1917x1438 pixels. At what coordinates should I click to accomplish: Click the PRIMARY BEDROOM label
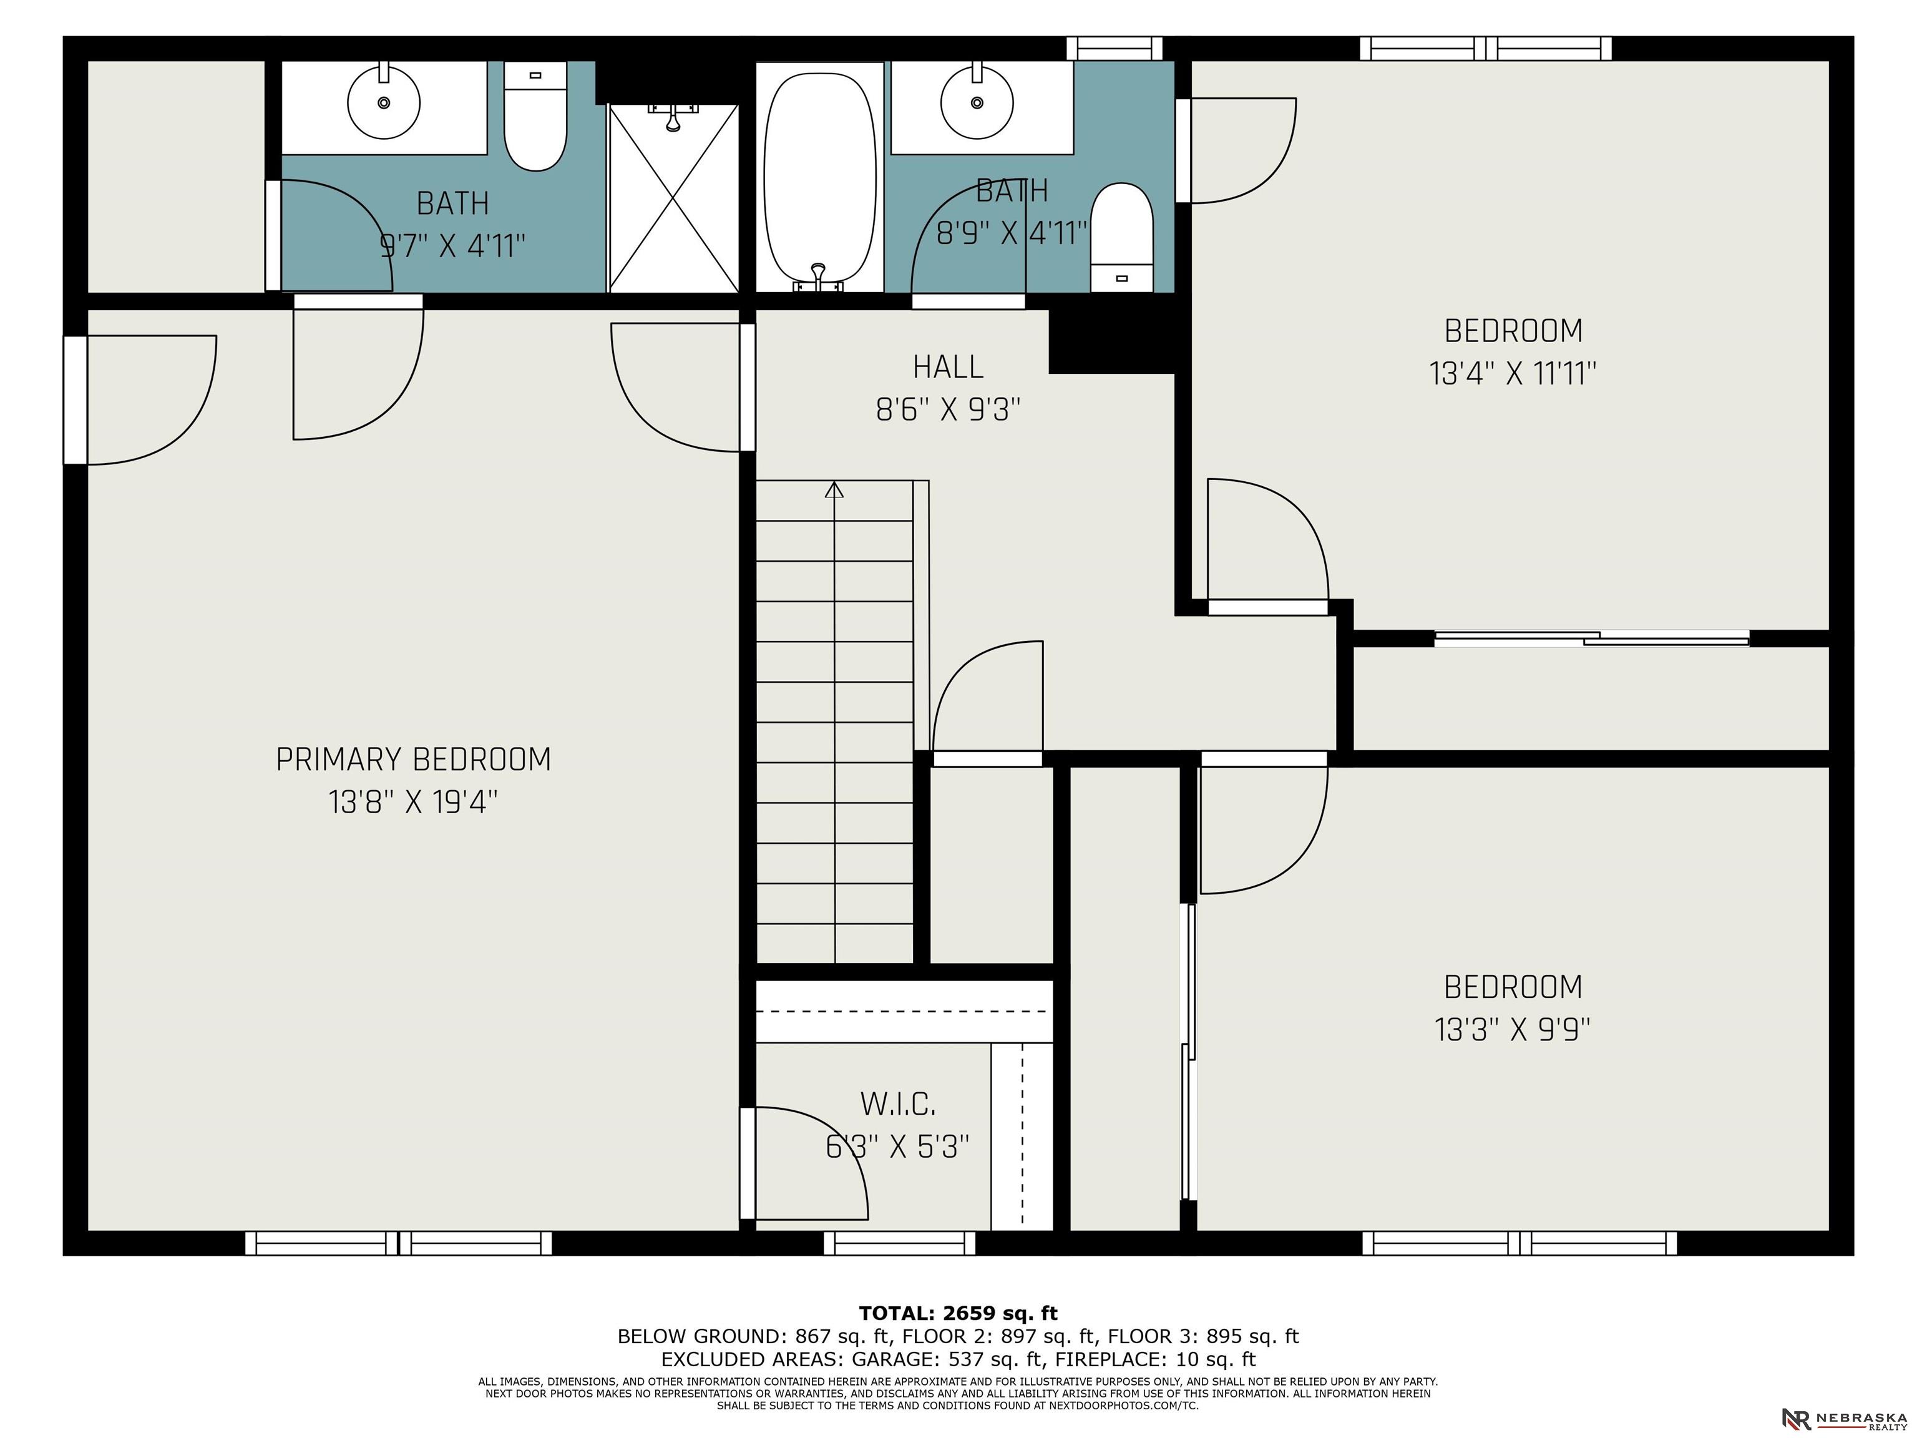tap(413, 760)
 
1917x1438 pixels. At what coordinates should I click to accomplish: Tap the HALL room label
tap(948, 366)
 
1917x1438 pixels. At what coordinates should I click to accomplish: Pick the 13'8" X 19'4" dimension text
tap(413, 802)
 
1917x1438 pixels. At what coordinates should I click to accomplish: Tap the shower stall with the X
tap(673, 198)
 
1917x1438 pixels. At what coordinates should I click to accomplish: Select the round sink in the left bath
tap(384, 102)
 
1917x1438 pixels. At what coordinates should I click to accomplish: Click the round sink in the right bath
tap(977, 102)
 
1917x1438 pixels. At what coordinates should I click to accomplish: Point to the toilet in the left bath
tap(535, 116)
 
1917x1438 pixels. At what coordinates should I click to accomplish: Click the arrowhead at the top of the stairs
tap(834, 490)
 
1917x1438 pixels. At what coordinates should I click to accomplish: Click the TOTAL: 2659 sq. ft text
tap(958, 1313)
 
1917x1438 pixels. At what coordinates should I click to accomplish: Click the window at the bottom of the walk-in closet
tap(900, 1243)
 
